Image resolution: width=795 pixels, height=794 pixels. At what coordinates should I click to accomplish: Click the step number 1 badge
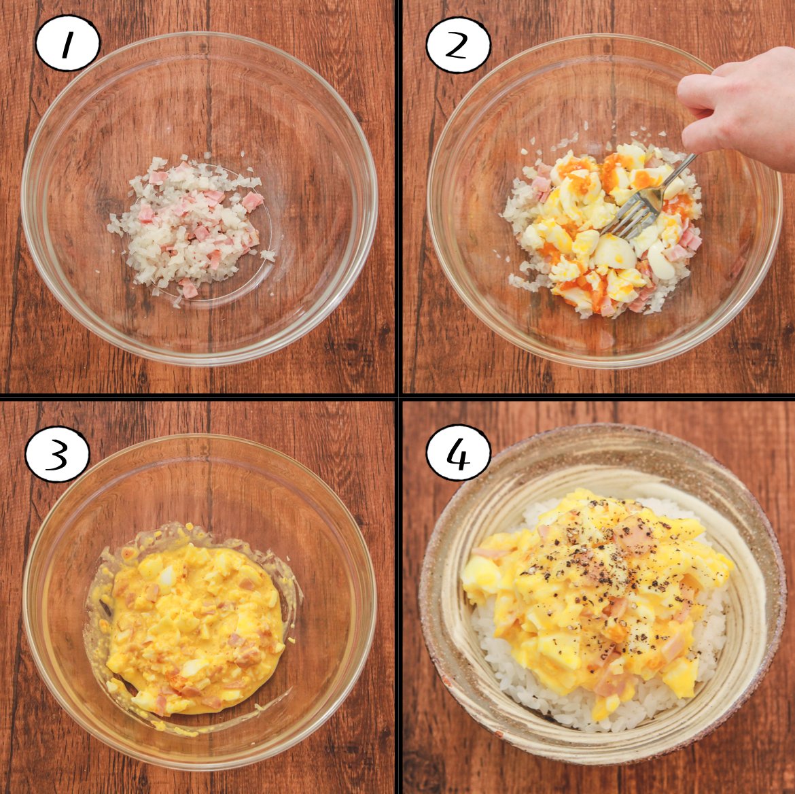(x=67, y=43)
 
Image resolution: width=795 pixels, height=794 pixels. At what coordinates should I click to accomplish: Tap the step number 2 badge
(x=459, y=45)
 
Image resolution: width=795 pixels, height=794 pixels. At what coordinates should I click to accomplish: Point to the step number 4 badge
(x=459, y=453)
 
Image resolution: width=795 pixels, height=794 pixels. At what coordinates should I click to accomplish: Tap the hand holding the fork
(x=739, y=107)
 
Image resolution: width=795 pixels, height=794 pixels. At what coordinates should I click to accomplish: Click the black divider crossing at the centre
(x=398, y=396)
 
